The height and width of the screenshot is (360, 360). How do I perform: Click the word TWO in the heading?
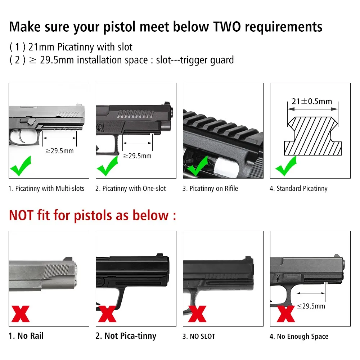coord(227,27)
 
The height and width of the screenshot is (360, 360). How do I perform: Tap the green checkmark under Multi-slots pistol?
coord(21,166)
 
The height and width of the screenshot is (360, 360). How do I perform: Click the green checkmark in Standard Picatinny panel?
coord(286,166)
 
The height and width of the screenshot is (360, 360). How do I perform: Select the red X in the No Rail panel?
coord(21,314)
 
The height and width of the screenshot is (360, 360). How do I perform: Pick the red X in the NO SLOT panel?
coord(197,314)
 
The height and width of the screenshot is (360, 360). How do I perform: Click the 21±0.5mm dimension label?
coord(312,101)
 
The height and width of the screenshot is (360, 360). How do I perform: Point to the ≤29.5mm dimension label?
coord(311,306)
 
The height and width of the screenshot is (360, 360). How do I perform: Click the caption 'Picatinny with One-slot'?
coord(134,189)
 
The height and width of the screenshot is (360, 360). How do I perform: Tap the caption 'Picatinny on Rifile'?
coord(213,189)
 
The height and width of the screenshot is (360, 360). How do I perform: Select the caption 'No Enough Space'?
coord(303,336)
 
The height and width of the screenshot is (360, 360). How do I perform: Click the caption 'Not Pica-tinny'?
coord(130,336)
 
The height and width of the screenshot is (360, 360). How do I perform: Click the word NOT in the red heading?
coord(21,215)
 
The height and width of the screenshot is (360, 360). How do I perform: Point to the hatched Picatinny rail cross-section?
coord(313,136)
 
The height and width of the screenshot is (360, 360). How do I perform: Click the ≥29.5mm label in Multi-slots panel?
coord(59,151)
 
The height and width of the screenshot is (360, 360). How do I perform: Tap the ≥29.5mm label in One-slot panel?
coord(137,156)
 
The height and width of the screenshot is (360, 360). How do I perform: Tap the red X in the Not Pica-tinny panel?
coord(107,314)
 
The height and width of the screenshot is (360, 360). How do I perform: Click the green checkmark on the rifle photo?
coord(198,166)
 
